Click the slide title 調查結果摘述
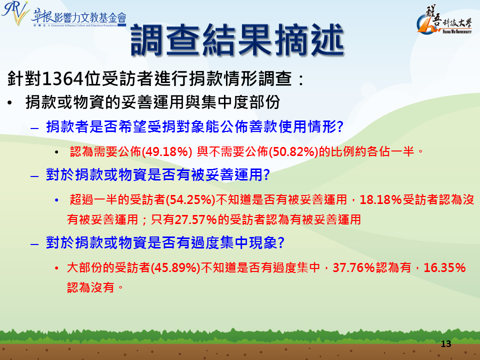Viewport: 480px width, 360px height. [x=237, y=40]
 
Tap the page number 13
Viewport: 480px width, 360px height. [x=446, y=344]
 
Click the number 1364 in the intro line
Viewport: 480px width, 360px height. [x=63, y=79]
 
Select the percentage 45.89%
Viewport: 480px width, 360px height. [x=175, y=268]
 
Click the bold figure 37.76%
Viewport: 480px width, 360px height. [x=354, y=268]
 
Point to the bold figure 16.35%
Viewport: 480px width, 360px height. [x=444, y=268]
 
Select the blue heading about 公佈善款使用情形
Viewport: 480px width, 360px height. [x=194, y=126]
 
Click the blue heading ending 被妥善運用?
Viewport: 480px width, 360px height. [x=157, y=175]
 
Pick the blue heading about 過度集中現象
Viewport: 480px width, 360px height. [x=165, y=243]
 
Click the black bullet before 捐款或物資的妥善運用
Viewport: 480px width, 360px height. [x=10, y=103]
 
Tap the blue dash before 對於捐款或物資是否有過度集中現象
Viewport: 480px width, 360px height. [x=34, y=244]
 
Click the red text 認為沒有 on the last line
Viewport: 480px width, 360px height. [x=90, y=287]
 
